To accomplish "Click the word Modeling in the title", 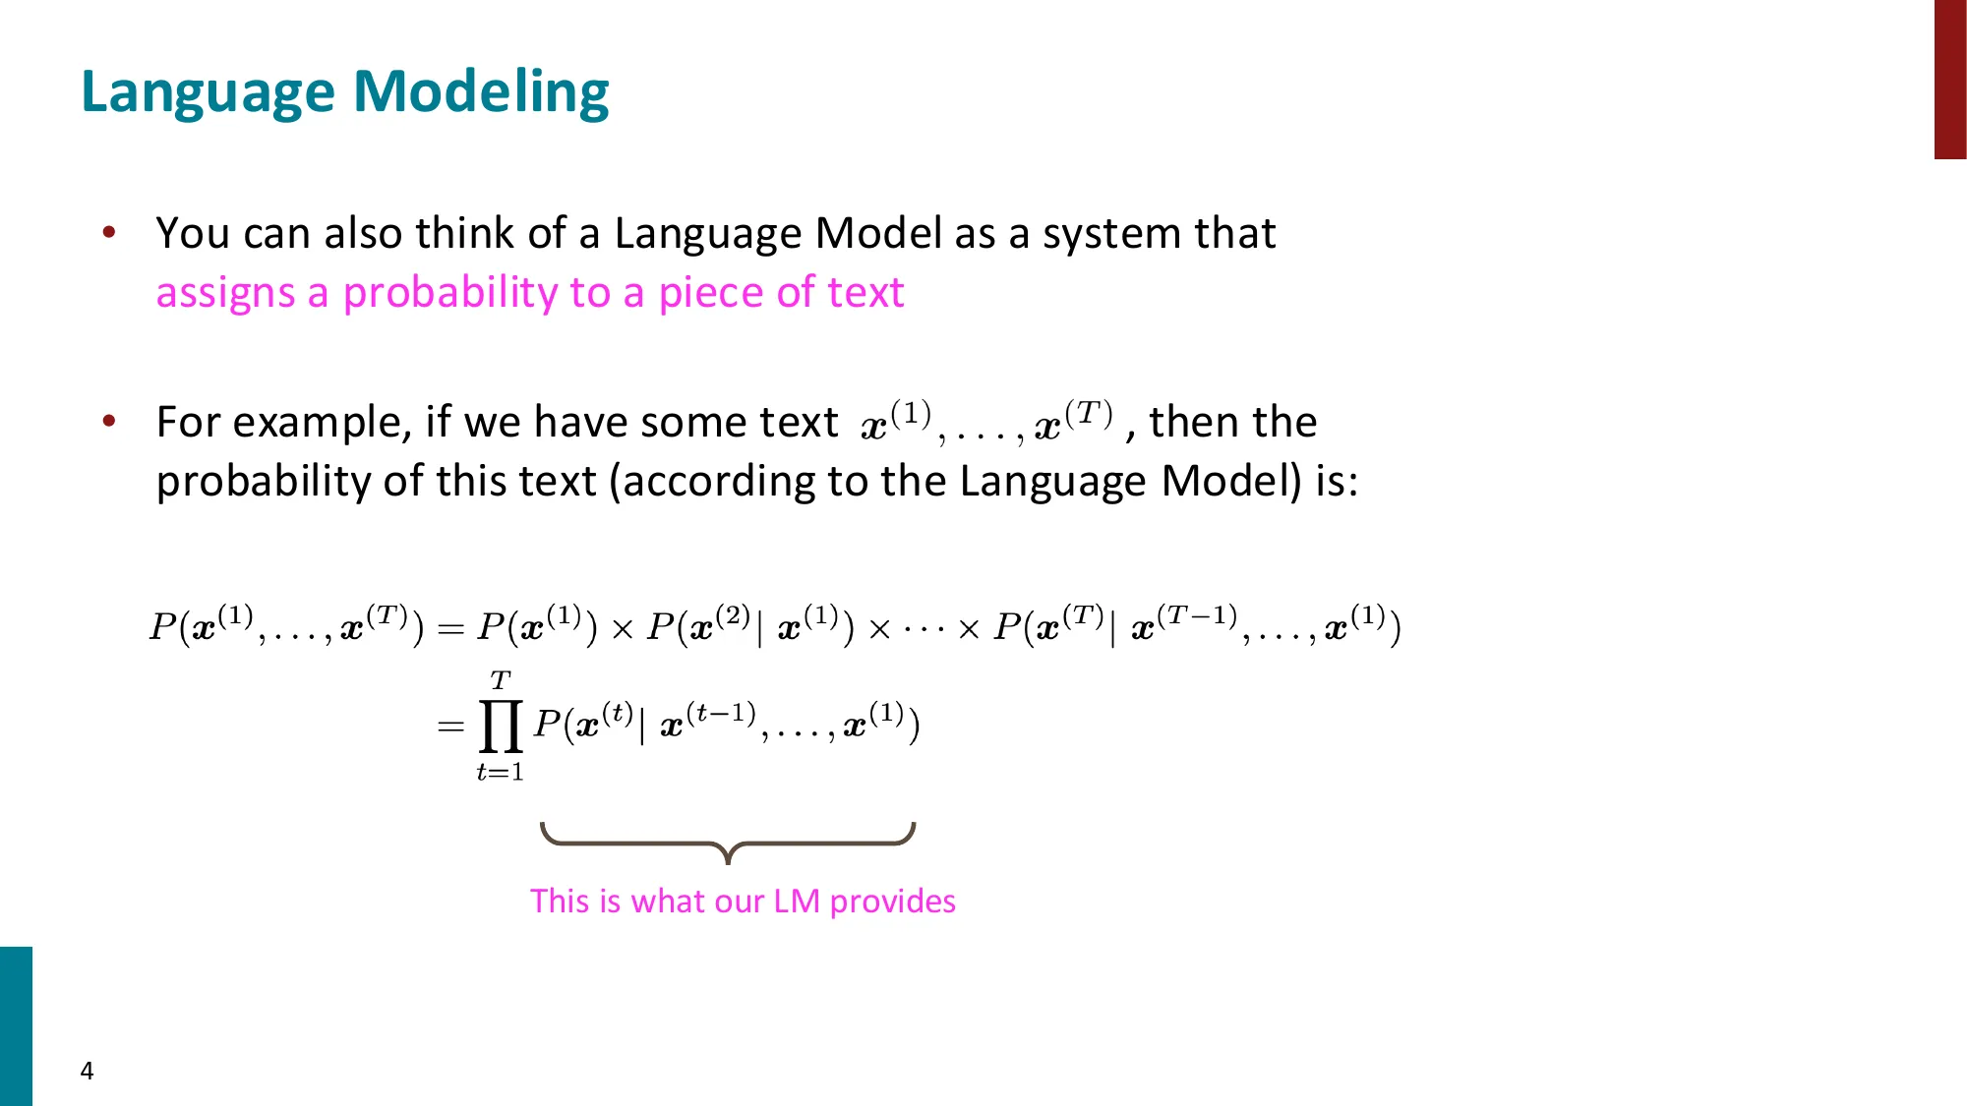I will click(x=481, y=93).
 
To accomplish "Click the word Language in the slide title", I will click(x=209, y=93).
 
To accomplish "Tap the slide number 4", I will click(x=87, y=1071).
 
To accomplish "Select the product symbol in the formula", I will click(x=500, y=727).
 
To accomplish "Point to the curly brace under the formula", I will click(x=728, y=842).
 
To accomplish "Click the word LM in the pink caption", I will click(x=796, y=901).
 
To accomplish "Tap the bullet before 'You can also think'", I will click(x=109, y=233).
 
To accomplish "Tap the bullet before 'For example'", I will click(x=109, y=421).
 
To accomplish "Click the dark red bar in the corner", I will click(x=1949, y=79).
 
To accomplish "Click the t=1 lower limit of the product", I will click(x=500, y=773).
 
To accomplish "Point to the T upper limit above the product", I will click(x=500, y=680).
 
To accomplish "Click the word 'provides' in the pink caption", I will click(x=892, y=901).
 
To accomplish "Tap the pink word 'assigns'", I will click(x=225, y=293).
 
